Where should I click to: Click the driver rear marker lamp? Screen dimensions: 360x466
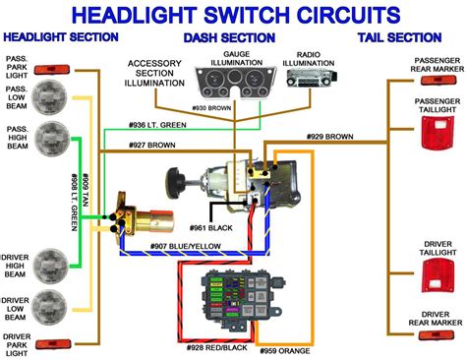436,334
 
